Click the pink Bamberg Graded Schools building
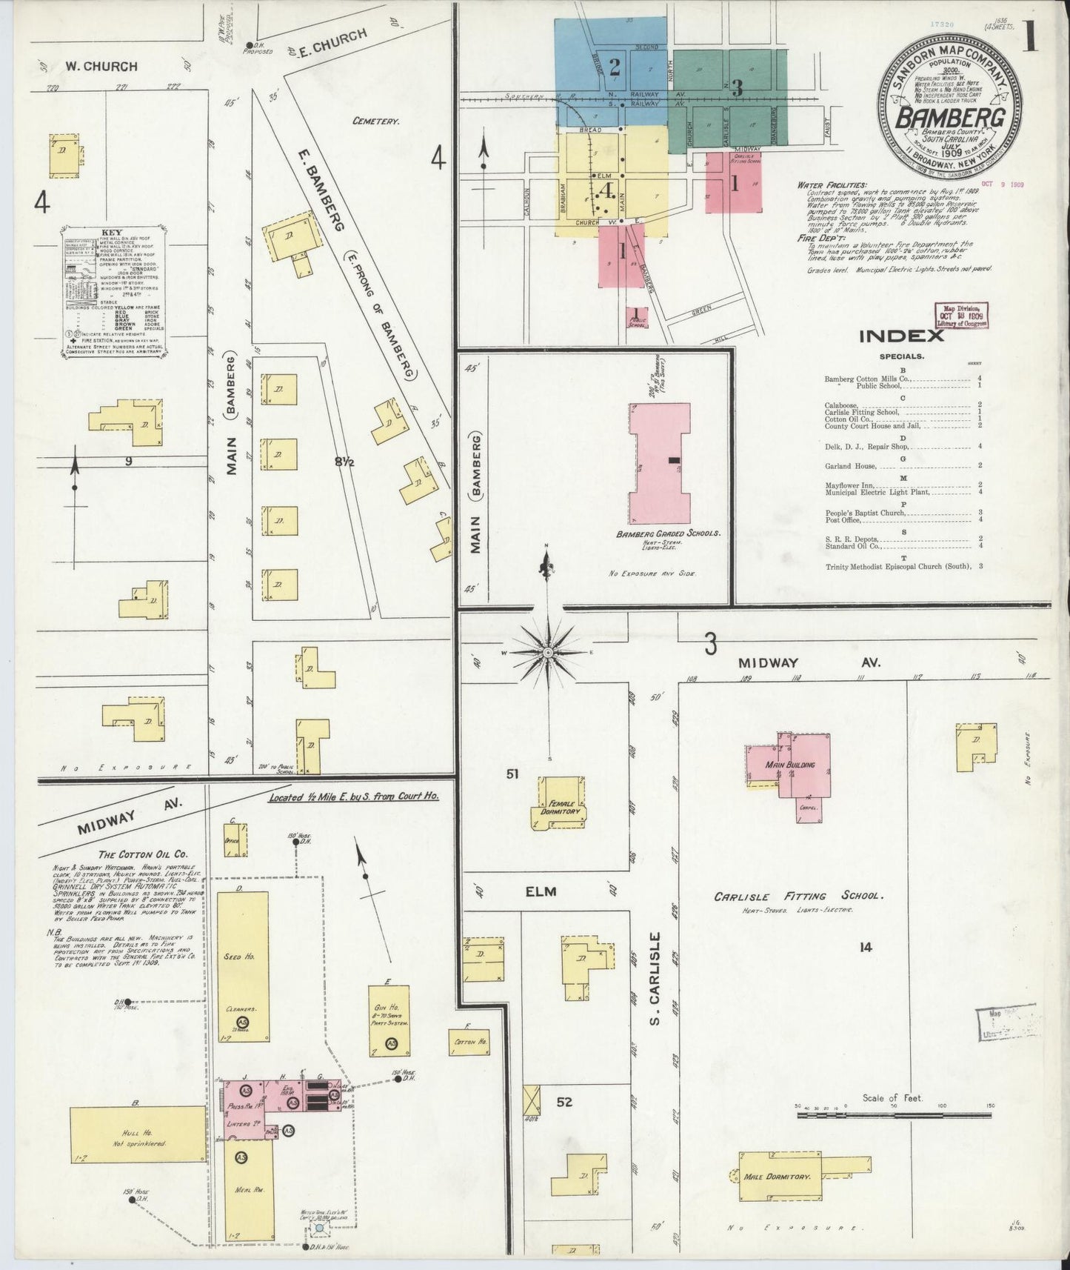(659, 463)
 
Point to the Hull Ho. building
(137, 1134)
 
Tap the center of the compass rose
(547, 652)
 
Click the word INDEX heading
(901, 336)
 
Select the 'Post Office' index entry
(843, 520)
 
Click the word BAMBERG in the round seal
(951, 118)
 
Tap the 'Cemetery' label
(376, 121)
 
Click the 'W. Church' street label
(101, 66)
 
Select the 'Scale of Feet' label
(892, 1097)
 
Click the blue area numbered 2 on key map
(614, 68)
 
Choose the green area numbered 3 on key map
(736, 88)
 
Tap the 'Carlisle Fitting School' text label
(798, 896)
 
